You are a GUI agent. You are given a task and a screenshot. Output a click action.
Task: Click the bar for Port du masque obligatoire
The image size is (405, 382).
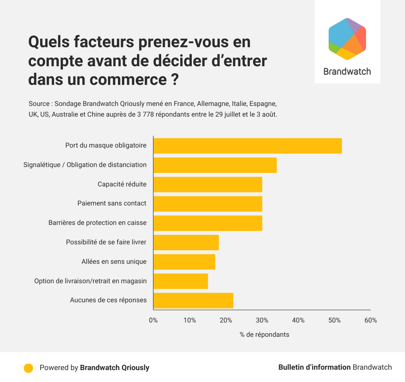247,146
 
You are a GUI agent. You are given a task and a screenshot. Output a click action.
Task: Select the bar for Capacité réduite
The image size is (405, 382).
208,184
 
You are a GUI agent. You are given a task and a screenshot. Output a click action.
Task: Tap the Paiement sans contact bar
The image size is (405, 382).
208,204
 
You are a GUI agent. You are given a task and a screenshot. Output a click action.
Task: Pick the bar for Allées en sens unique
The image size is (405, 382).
184,262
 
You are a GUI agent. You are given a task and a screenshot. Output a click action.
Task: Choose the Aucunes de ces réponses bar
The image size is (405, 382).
193,300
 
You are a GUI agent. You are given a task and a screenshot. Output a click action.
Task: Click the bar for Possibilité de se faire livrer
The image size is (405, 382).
186,242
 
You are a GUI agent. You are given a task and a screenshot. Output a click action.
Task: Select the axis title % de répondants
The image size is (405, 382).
264,334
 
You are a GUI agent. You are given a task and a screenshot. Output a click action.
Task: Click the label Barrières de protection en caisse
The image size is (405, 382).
97,223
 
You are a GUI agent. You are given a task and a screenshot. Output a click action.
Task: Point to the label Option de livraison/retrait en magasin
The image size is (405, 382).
91,281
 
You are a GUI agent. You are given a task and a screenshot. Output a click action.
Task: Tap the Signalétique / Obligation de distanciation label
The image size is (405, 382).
85,165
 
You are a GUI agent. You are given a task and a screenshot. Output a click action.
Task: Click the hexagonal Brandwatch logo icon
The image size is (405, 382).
347,39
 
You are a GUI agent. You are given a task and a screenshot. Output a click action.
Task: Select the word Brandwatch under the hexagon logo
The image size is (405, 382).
347,71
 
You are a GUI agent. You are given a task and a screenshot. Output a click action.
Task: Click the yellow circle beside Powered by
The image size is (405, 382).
28,368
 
